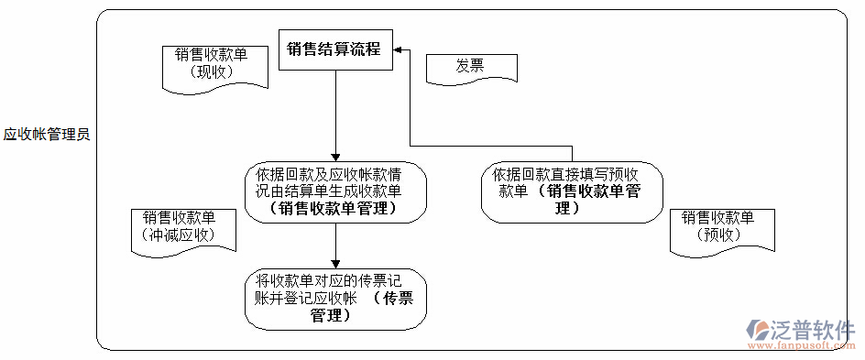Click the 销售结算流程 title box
[335, 49]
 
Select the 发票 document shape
[471, 67]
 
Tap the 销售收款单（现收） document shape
[212, 66]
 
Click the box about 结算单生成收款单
[335, 191]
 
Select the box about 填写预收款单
[572, 191]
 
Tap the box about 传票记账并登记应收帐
[335, 299]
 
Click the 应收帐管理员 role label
[46, 135]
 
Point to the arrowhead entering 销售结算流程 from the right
[400, 49]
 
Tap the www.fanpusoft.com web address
[802, 346]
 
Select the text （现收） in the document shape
[212, 71]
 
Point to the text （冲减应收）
[180, 235]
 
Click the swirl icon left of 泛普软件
[760, 331]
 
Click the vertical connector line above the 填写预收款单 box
[572, 153]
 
